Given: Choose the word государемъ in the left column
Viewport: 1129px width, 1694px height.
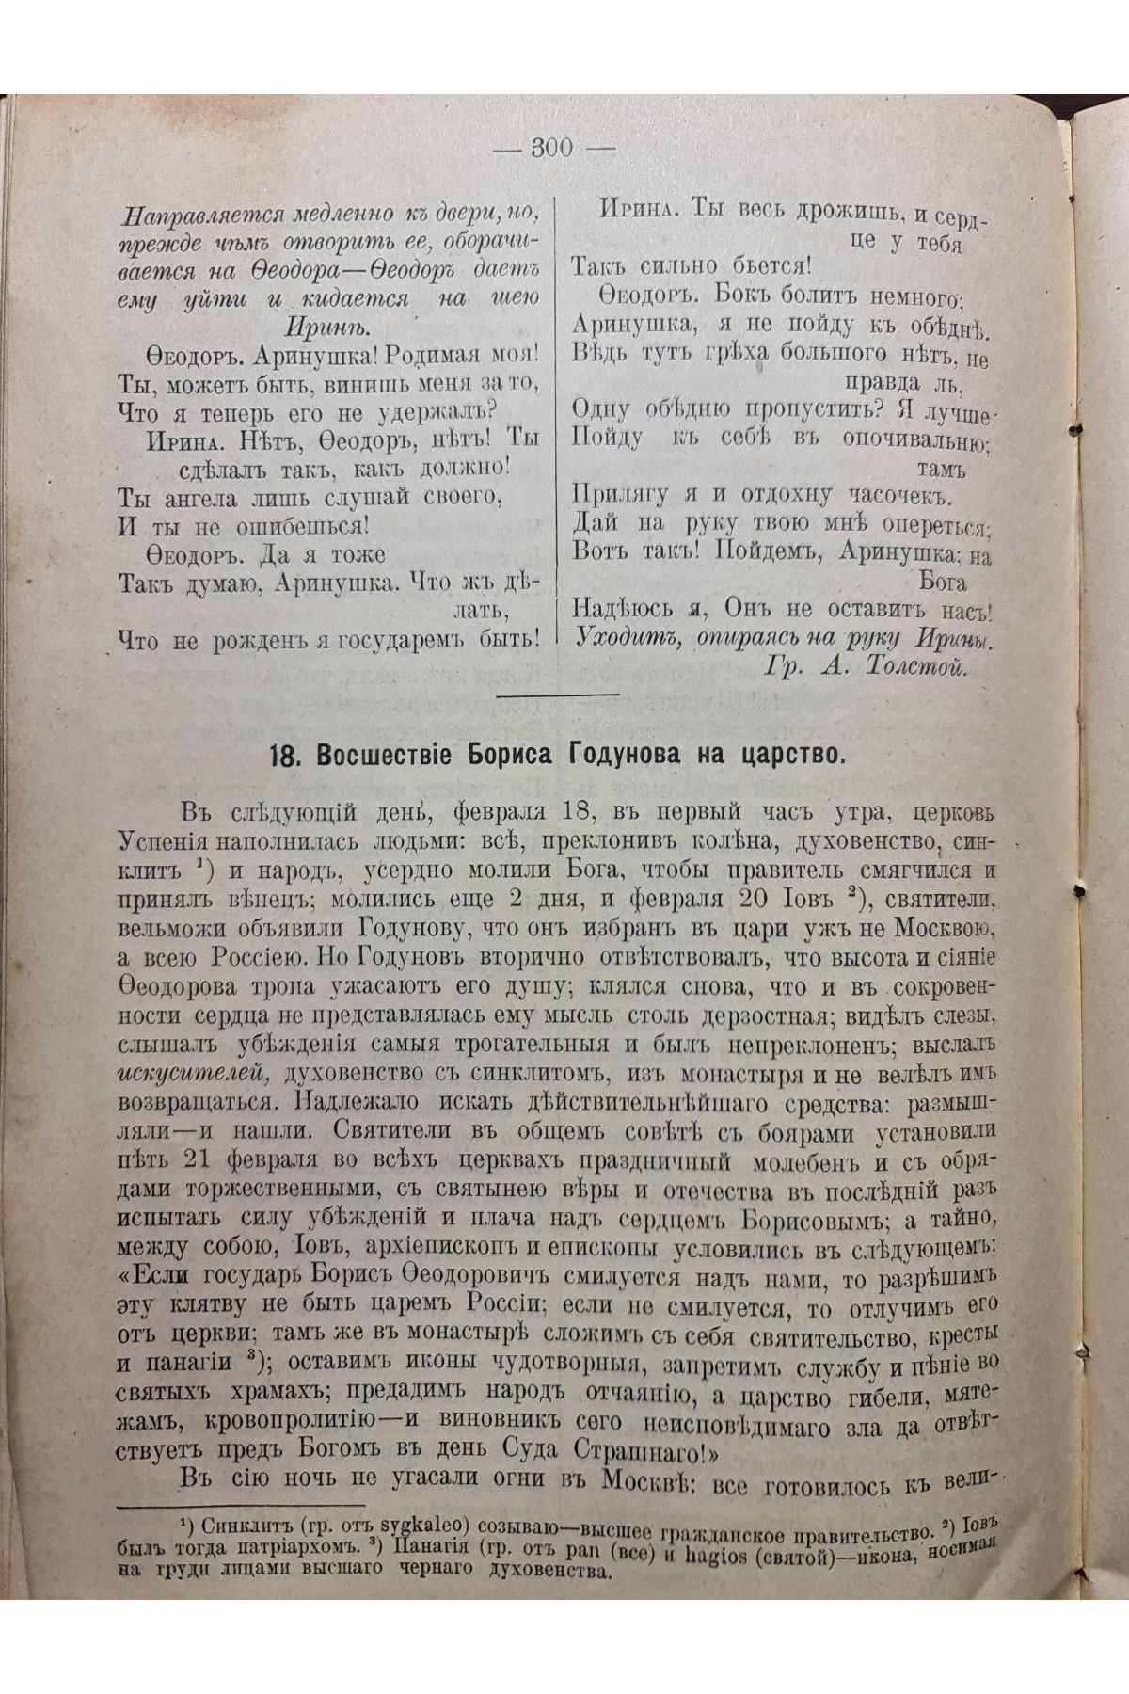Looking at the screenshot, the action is coord(400,640).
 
